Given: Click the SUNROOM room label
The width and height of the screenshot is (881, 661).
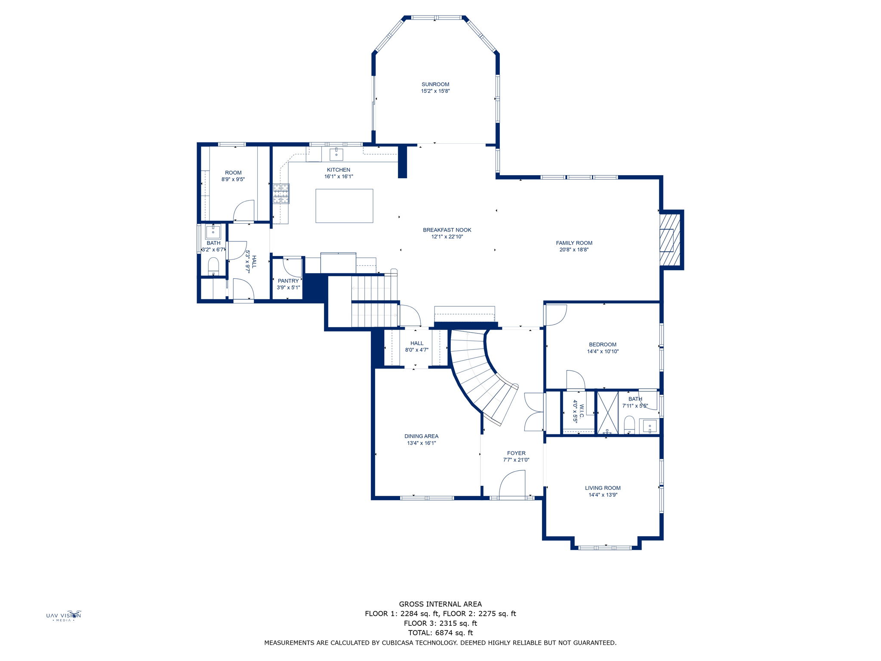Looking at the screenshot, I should pos(435,84).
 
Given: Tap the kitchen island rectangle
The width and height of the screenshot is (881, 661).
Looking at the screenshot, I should pos(344,206).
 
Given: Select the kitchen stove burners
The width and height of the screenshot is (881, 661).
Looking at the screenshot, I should pos(281,193).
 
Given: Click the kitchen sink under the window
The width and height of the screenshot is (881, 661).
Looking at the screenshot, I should pos(336,154).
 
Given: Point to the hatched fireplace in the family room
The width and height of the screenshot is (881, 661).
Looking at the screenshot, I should pos(670,240).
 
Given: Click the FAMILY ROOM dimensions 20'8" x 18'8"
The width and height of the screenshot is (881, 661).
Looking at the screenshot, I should pos(574,250).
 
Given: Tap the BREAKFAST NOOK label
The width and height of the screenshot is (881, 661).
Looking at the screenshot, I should pos(447,230).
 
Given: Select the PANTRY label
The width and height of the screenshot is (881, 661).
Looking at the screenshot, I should pos(288,281).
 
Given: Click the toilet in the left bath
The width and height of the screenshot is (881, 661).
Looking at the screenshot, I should pos(213,266).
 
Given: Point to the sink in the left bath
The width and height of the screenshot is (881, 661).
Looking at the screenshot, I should pos(213,232).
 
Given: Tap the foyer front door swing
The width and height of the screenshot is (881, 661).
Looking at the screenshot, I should pos(513,484).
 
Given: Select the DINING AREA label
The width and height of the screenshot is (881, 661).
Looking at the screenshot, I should pos(421,436).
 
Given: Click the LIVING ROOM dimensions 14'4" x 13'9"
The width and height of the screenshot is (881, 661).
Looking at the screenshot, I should pos(603,495).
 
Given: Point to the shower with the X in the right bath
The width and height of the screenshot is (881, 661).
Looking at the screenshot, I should pos(607,412).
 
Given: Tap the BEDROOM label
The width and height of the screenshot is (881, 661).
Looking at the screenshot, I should pos(602,344).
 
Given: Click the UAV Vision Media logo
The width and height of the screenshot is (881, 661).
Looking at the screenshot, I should pos(64,616).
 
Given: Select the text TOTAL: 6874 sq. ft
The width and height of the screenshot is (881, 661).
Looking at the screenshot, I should pos(440,633).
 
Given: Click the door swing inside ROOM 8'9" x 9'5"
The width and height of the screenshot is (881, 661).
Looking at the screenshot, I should pos(243,210).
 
